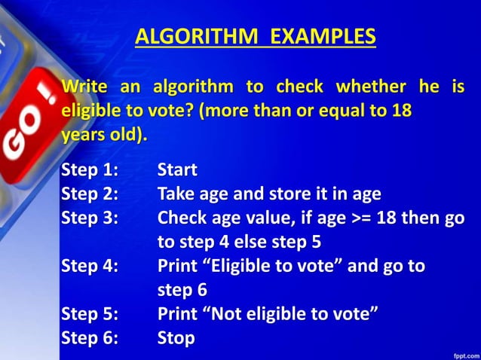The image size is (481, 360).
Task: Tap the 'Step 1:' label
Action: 90,170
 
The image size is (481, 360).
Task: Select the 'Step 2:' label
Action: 90,194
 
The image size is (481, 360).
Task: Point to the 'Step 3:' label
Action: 90,218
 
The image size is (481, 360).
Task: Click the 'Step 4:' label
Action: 90,266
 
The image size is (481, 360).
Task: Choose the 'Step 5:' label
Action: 90,314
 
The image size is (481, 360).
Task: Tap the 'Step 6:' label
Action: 90,338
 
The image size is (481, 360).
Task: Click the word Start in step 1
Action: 177,170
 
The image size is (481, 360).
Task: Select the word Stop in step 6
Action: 176,338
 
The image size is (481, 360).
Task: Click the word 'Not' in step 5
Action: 225,314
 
